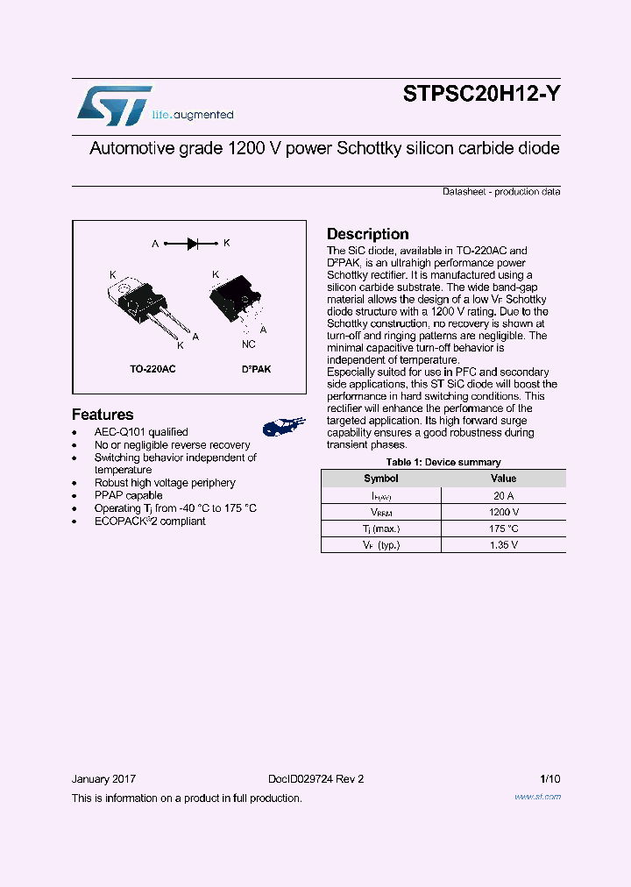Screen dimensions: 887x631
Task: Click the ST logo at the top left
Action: point(115,104)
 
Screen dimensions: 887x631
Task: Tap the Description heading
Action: point(367,234)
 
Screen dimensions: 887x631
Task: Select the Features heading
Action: point(103,415)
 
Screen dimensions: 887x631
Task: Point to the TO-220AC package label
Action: point(152,369)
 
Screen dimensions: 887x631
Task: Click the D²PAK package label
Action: point(256,369)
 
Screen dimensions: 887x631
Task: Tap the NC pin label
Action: point(249,344)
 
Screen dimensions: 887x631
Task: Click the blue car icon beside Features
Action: point(284,427)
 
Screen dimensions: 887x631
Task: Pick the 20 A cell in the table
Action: point(504,495)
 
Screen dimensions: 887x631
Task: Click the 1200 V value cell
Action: point(504,512)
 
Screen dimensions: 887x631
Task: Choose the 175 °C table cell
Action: point(504,529)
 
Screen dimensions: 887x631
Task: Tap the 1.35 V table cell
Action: point(504,545)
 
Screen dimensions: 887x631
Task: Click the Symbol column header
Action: point(381,479)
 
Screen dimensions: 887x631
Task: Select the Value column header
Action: point(504,479)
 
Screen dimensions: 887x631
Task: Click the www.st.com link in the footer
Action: point(537,797)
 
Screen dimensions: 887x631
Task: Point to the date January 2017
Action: point(103,779)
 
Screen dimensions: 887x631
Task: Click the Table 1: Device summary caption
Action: point(443,462)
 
